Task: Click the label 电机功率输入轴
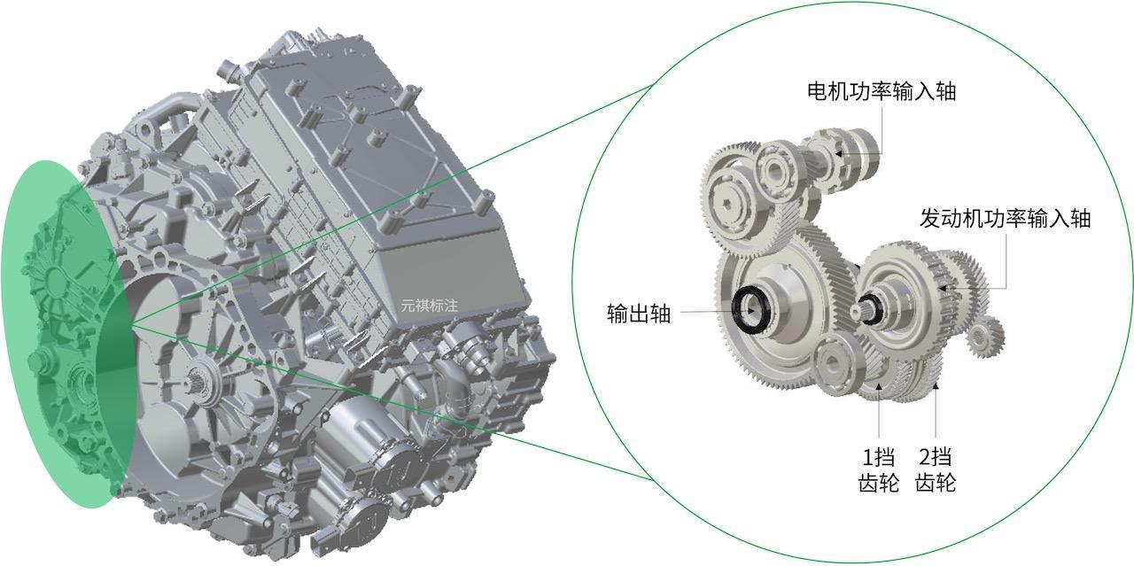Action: point(882,91)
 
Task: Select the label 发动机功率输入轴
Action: point(1005,218)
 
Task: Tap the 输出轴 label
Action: point(639,314)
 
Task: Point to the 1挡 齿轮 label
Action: point(879,469)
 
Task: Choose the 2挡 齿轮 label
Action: point(936,469)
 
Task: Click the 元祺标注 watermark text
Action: point(430,306)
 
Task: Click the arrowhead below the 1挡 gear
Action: point(880,387)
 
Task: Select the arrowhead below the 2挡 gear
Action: point(936,387)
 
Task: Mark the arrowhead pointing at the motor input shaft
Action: point(839,154)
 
